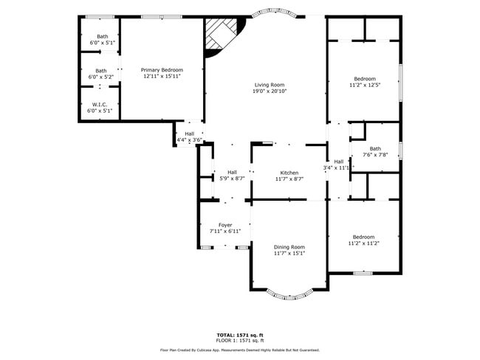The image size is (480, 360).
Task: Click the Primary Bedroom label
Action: click(161, 69)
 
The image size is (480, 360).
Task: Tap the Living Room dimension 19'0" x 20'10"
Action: click(270, 91)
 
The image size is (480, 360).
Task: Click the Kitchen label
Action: click(289, 173)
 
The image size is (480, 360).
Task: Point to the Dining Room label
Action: click(289, 247)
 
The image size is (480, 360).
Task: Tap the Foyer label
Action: click(225, 225)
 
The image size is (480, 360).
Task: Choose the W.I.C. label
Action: click(100, 105)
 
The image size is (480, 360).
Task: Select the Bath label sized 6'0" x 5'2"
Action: click(100, 71)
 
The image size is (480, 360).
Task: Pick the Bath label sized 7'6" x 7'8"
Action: click(375, 148)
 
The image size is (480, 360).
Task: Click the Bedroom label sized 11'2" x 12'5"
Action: click(364, 79)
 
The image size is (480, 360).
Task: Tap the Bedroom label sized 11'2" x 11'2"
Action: click(364, 237)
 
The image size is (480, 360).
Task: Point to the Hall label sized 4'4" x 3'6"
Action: click(189, 134)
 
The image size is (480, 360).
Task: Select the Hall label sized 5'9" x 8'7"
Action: click(232, 172)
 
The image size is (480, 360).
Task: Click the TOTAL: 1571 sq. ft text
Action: click(240, 334)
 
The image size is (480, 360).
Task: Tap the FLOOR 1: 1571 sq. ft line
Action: click(240, 340)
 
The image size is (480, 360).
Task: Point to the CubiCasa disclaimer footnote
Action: click(240, 350)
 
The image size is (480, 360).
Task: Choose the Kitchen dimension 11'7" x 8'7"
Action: click(289, 179)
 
